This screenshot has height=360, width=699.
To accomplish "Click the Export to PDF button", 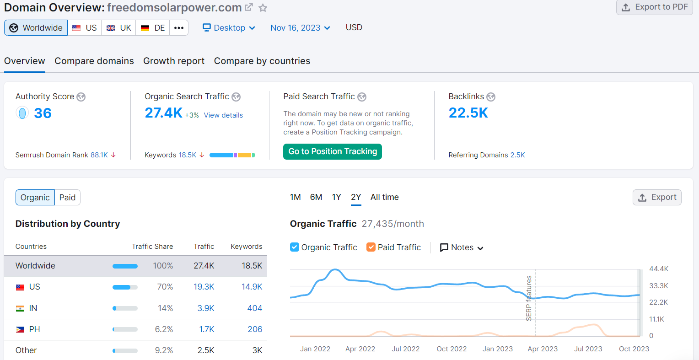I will [655, 7].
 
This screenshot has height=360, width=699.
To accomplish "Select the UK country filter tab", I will [118, 28].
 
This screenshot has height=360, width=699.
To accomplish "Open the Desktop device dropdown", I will [229, 28].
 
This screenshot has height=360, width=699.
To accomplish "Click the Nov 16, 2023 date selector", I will [300, 28].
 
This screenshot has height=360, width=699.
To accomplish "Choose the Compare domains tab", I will [94, 61].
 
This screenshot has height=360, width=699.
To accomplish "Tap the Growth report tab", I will [174, 61].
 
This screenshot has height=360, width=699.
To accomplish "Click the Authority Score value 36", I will [43, 113].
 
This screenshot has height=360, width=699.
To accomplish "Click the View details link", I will [223, 115].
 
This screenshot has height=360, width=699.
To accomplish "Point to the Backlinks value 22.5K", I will [468, 113].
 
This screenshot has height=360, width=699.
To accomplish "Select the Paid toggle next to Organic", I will [67, 198].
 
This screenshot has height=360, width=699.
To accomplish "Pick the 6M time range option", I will [316, 197].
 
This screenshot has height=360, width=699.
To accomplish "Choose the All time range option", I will [384, 197].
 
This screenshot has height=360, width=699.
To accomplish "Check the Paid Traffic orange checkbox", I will [371, 247].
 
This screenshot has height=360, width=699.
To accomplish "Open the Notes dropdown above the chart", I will [462, 247].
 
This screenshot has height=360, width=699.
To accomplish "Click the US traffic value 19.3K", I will [204, 287].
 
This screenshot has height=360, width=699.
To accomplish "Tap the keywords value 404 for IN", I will [254, 308].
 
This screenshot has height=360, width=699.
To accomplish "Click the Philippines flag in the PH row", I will [20, 329].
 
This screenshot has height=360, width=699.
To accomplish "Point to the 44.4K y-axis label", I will [659, 269].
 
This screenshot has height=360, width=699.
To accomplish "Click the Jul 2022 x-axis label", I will [405, 349].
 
